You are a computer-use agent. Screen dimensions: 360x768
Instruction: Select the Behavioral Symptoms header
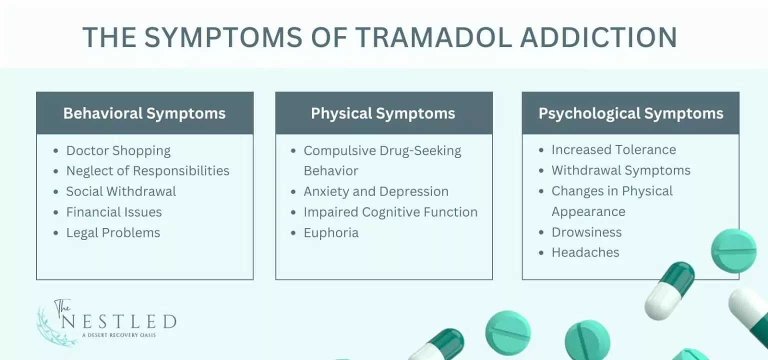pos(144,113)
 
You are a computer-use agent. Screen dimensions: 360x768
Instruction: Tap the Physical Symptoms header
pos(383,113)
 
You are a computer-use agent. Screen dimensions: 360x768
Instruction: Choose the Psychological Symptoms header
pos(630,113)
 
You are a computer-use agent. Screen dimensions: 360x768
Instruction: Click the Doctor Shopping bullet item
pos(118,150)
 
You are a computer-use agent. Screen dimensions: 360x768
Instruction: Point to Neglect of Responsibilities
pos(147,171)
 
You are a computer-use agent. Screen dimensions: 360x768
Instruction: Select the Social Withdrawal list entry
pos(121,191)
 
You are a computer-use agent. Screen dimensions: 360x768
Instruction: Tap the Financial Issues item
pos(114,212)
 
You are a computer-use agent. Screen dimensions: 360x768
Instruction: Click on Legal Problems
pos(113,232)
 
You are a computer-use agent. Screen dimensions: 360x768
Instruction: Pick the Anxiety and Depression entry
pos(376,191)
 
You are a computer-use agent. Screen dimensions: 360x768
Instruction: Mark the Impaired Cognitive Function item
pos(390,212)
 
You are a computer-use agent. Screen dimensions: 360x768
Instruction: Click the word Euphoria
pos(331,232)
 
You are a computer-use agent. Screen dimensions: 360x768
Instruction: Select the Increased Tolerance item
pos(613,150)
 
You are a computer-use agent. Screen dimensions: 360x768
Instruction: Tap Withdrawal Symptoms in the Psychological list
pos(621,170)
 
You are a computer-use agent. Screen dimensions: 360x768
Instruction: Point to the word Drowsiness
pos(586,232)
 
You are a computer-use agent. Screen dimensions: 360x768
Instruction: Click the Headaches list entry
pos(585,252)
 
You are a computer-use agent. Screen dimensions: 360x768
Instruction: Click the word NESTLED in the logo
pos(118,321)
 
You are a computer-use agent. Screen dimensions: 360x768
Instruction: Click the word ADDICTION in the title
pos(598,37)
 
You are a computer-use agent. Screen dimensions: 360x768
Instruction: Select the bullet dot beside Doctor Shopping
pos(56,151)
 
